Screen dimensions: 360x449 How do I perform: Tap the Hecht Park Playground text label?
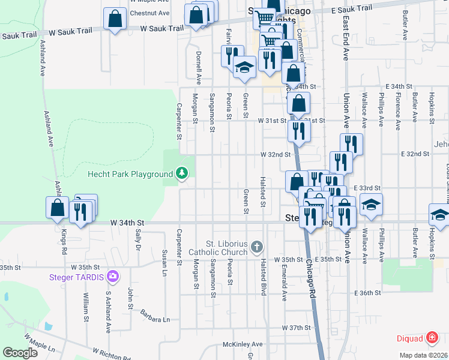130,175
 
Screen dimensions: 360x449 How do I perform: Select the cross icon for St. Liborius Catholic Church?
257,247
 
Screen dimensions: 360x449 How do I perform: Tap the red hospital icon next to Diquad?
431,338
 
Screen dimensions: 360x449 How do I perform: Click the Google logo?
20,352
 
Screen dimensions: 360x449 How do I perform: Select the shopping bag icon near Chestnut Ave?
114,19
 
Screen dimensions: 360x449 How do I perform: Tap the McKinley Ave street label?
243,344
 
